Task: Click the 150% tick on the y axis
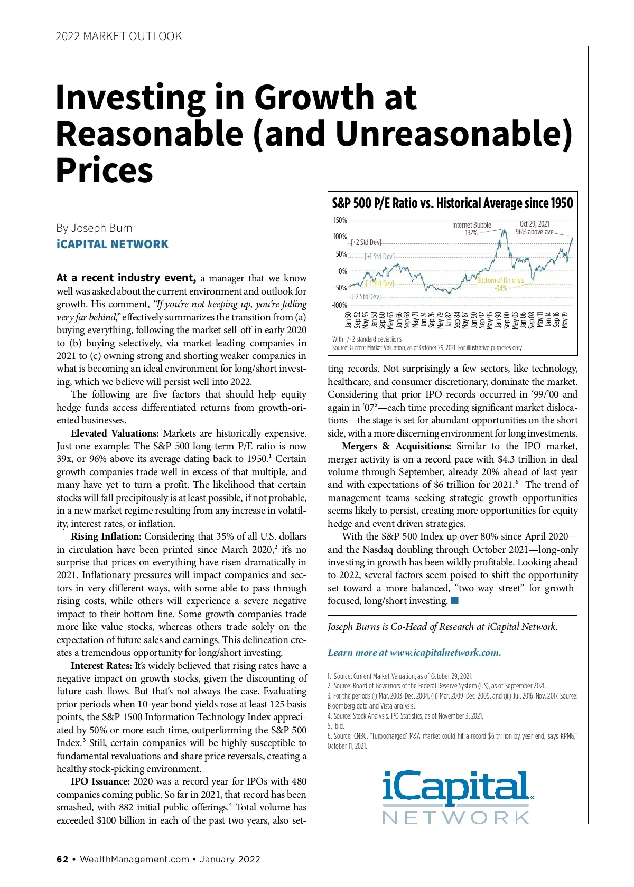pyautogui.click(x=340, y=220)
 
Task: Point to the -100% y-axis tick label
pyautogui.click(x=339, y=305)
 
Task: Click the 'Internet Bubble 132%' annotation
pyautogui.click(x=471, y=229)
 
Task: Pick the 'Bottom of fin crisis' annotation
pyautogui.click(x=500, y=281)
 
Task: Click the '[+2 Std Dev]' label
pyautogui.click(x=366, y=242)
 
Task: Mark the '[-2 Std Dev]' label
pyautogui.click(x=366, y=297)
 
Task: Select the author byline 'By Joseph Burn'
pyautogui.click(x=95, y=228)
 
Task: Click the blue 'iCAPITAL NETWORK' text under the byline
pyautogui.click(x=113, y=244)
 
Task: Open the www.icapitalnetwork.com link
pyautogui.click(x=414, y=653)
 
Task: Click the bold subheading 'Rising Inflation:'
pyautogui.click(x=106, y=536)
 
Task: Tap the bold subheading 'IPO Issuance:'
pyautogui.click(x=100, y=781)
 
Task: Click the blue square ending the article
pyautogui.click(x=455, y=601)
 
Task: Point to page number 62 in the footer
pyautogui.click(x=62, y=859)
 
